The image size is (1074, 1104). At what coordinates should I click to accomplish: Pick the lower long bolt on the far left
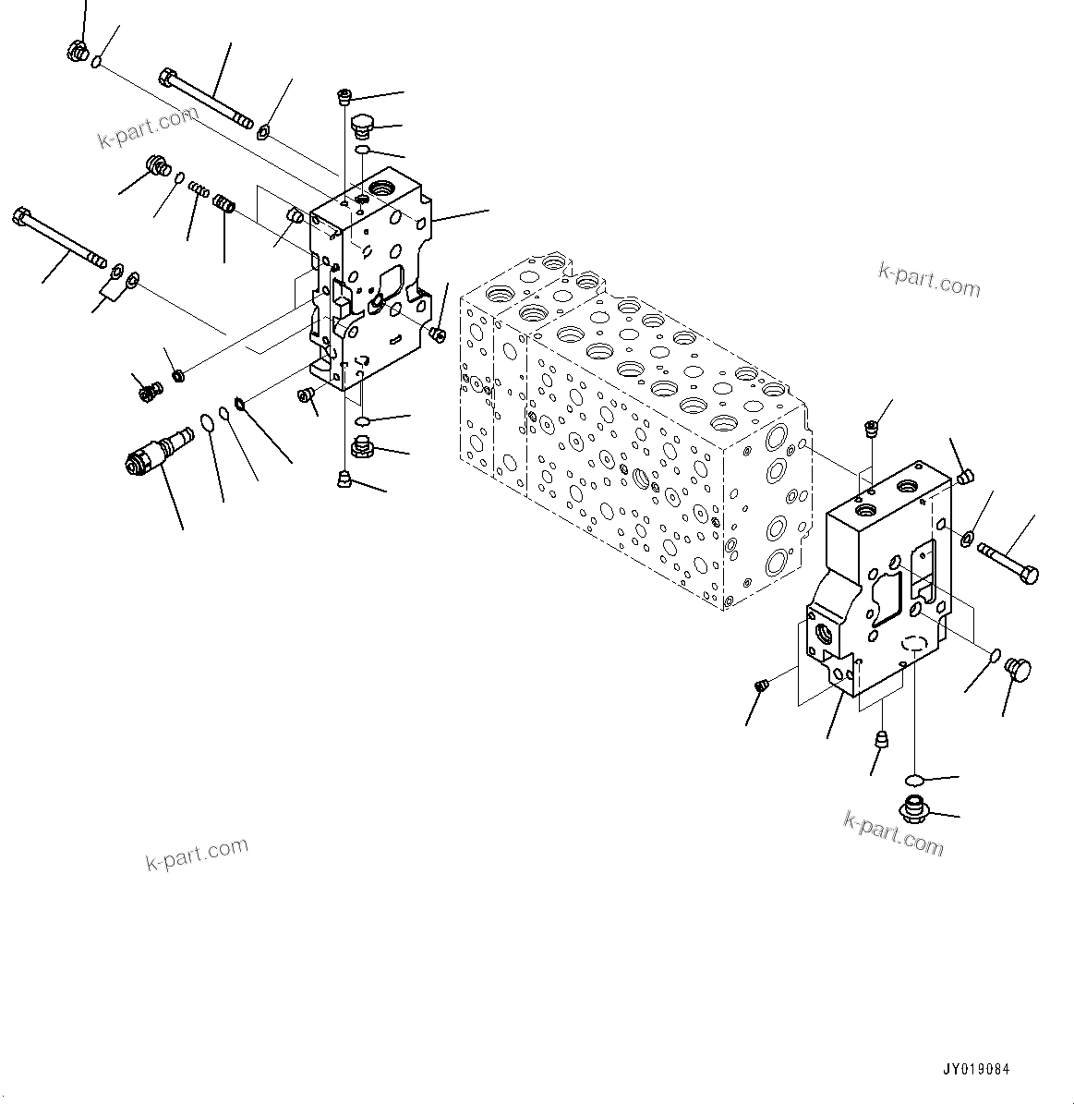tap(59, 239)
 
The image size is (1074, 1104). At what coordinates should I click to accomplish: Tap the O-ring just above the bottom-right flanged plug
tap(913, 777)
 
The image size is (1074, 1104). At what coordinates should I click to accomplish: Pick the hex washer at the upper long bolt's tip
tap(263, 132)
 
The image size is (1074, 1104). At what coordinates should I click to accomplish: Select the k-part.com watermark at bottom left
tap(197, 854)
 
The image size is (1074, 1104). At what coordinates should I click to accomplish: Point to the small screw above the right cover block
tap(870, 428)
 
